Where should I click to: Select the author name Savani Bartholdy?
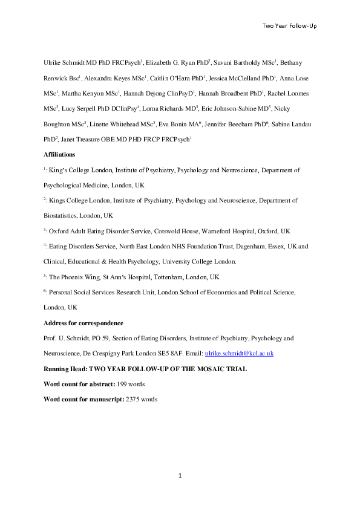point(238,62)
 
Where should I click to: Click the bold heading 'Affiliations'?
point(59,155)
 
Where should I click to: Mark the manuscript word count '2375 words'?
point(141,399)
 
